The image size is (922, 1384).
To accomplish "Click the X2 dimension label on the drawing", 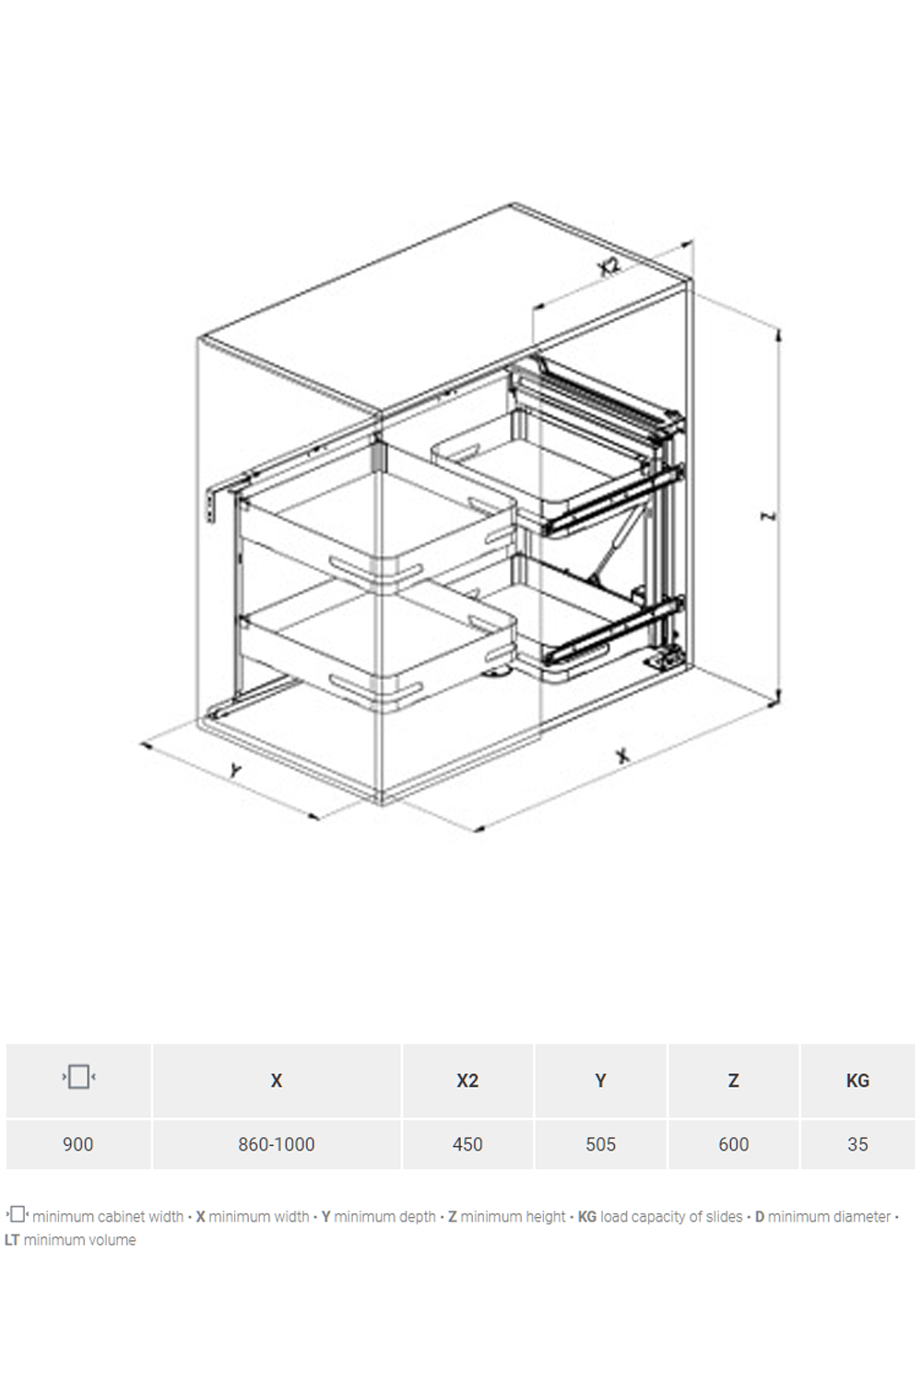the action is point(609,267).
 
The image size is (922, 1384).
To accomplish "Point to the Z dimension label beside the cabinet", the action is point(769,515).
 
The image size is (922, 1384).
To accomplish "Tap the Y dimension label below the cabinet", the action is point(235,770).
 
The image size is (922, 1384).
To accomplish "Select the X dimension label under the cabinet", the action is point(623,756).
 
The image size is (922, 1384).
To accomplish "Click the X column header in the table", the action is point(276,1080).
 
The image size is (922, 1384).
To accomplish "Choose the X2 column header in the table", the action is point(467,1080).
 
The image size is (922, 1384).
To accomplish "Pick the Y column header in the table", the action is point(600,1080).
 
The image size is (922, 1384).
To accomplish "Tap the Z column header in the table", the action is point(733,1080).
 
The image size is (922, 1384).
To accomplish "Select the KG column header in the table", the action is point(857,1080).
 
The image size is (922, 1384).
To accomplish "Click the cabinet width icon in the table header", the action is point(78,1077).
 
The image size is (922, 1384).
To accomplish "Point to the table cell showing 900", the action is point(77,1144).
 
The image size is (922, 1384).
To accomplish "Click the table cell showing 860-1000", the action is point(277,1144).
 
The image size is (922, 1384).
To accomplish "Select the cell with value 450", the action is point(467,1144).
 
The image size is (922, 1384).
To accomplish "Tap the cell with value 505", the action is point(600,1144).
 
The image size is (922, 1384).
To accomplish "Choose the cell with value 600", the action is point(733,1144).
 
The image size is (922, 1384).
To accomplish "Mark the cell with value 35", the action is point(857,1144).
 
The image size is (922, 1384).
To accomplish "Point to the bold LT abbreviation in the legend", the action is point(12,1240).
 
